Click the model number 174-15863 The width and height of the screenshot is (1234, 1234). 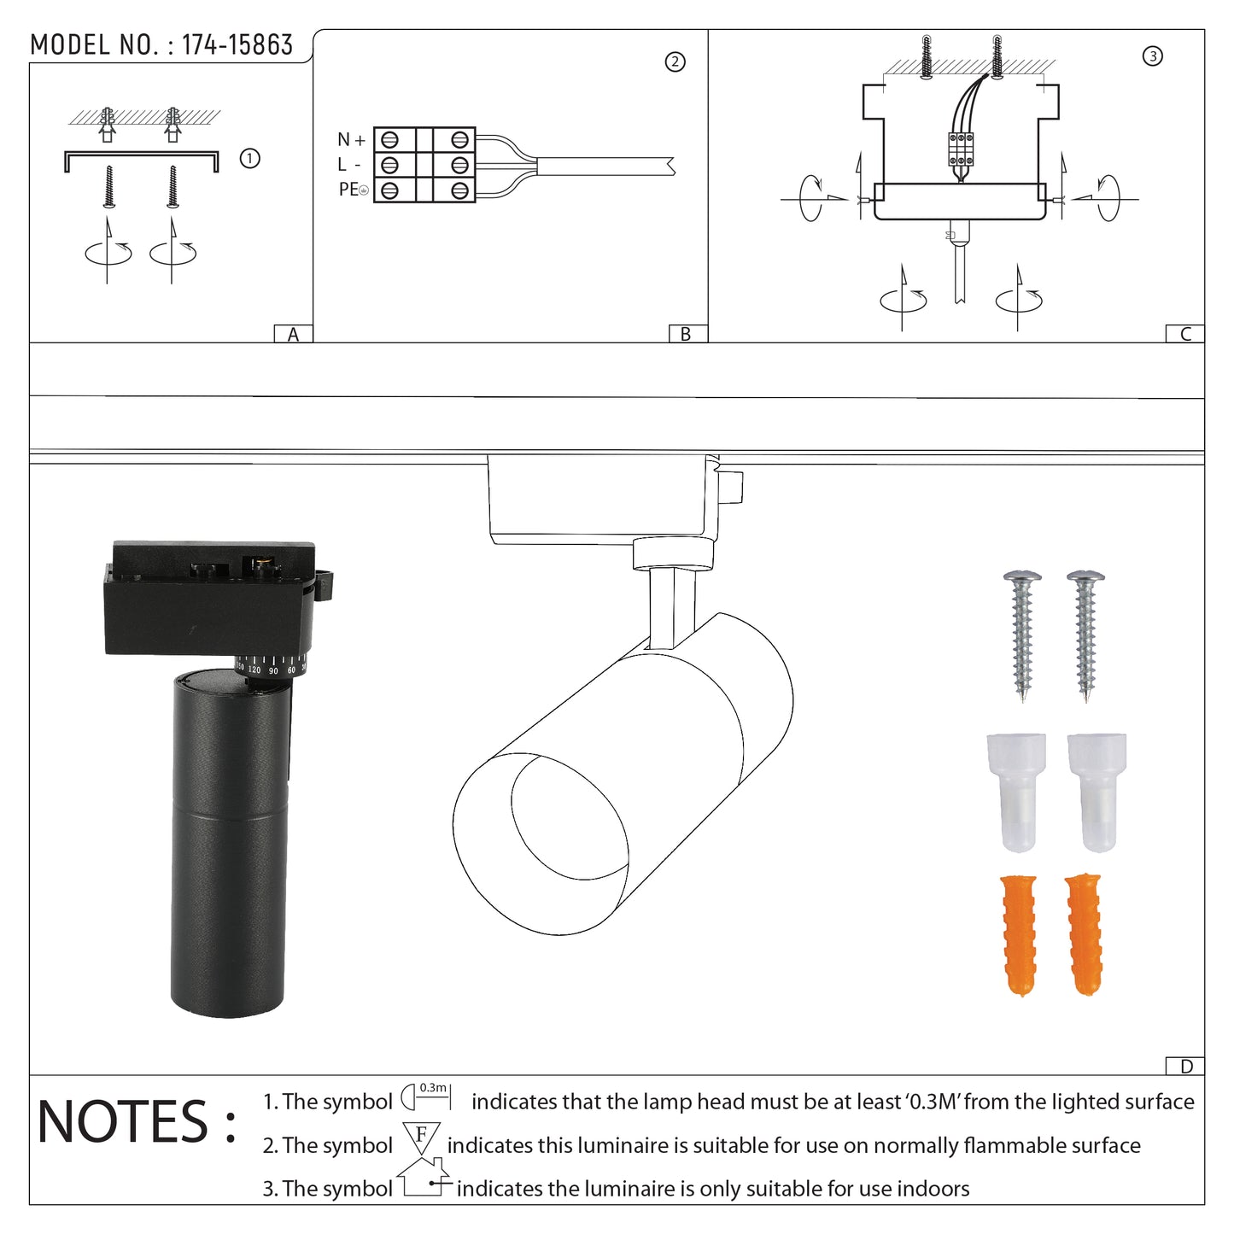(x=237, y=44)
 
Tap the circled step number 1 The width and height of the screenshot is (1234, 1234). (x=249, y=158)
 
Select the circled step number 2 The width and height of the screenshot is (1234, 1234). (x=675, y=62)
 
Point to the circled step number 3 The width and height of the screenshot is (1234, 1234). (x=1153, y=56)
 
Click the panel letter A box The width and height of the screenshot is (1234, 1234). (x=293, y=334)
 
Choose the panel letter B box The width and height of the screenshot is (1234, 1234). (x=687, y=334)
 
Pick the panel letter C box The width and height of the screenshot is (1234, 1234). (x=1184, y=334)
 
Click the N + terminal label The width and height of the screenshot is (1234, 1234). (x=351, y=139)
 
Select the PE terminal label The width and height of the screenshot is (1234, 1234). (x=354, y=190)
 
